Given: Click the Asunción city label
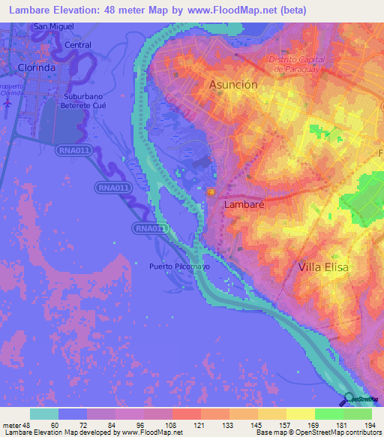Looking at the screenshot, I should pos(232,85).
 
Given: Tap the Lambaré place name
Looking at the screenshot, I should pos(241,203).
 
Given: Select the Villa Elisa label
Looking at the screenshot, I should pos(323,267).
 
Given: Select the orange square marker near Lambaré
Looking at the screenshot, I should pos(211,192).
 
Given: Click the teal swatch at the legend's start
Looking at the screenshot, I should pos(44,414).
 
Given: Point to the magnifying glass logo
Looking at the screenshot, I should pos(349,399).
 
